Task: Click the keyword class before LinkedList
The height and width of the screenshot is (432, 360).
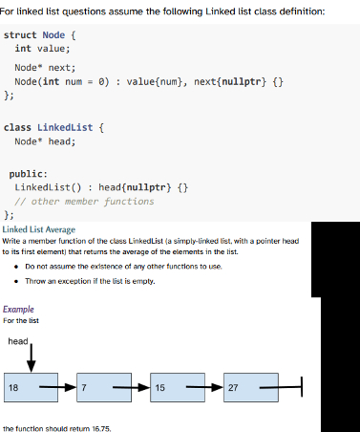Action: tap(18, 126)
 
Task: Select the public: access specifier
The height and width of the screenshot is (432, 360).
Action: tap(28, 174)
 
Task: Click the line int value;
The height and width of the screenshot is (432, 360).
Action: tap(35, 49)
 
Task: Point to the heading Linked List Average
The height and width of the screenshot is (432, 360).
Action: tap(39, 230)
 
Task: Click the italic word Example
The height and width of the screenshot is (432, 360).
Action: tap(18, 310)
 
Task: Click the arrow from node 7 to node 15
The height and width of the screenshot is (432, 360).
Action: tap(138, 387)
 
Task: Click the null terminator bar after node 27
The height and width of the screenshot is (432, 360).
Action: tap(300, 387)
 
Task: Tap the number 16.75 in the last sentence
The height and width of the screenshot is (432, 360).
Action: tap(97, 426)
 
